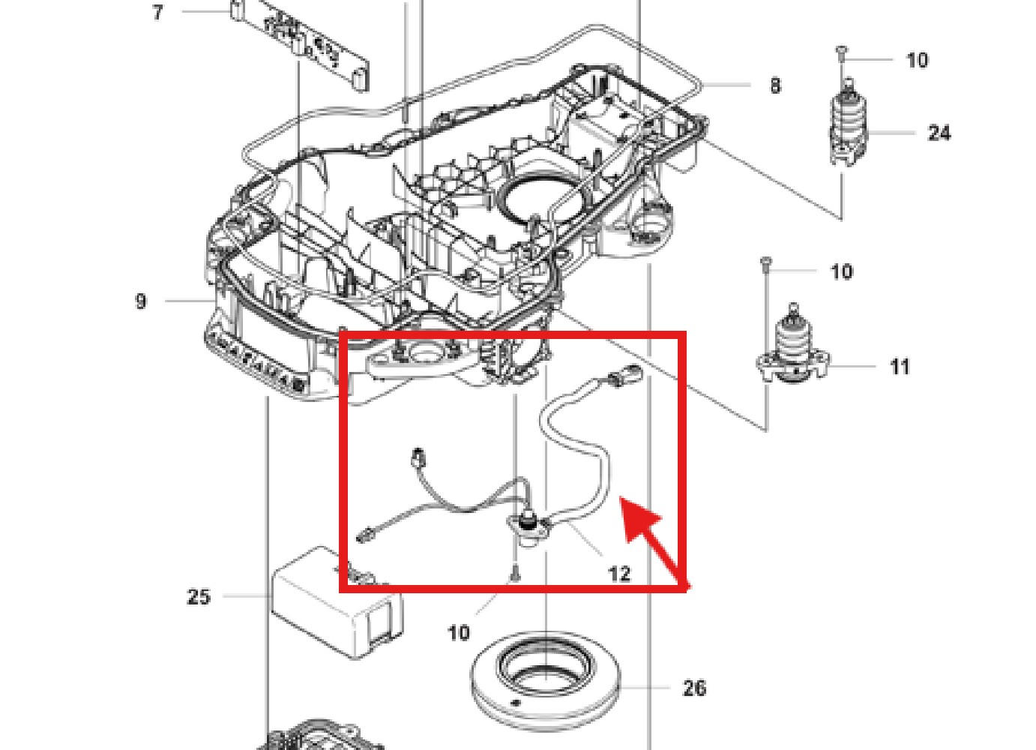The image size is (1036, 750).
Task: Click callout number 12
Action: [618, 574]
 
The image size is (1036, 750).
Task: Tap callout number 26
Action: [694, 688]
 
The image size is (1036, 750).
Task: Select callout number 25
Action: [198, 597]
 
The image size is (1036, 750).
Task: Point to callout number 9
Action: [141, 301]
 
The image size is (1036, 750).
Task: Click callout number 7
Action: [157, 13]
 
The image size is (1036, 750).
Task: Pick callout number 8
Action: [775, 85]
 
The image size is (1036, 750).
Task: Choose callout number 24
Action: [939, 133]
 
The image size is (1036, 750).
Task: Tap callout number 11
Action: [900, 367]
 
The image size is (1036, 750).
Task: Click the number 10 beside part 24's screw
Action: [916, 60]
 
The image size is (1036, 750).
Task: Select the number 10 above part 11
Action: [841, 271]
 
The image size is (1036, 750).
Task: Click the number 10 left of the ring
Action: [459, 632]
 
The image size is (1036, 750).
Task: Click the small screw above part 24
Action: [840, 52]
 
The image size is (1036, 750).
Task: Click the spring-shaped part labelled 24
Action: [849, 124]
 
